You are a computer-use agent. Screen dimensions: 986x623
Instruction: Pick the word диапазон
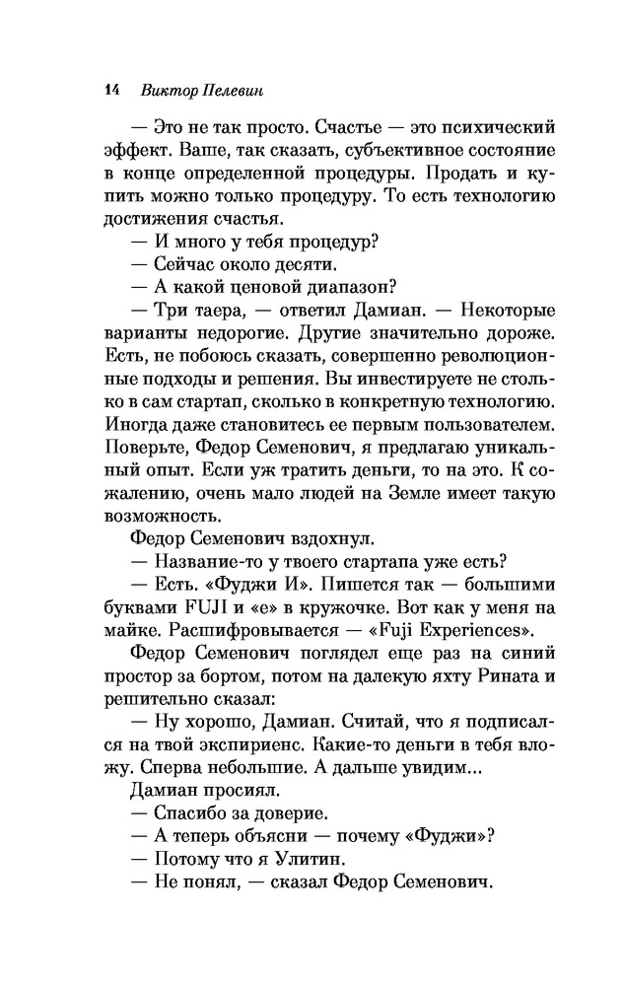point(346,288)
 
